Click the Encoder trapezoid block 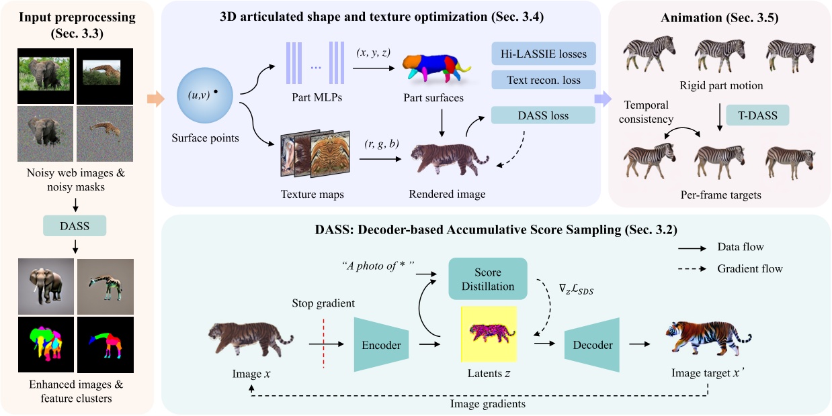click(380, 345)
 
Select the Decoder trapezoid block click(592, 345)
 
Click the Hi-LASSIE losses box click(544, 54)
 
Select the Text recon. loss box click(544, 81)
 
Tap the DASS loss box click(543, 115)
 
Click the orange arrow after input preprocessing click(155, 101)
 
